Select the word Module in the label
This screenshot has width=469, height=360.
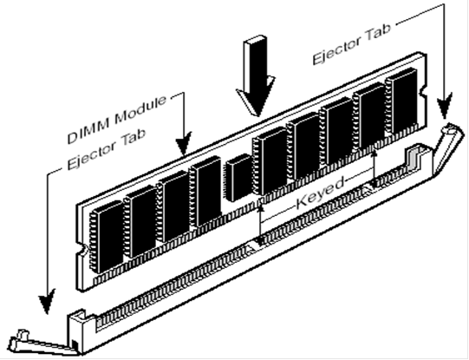(140, 110)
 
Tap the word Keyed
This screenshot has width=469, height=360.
(321, 193)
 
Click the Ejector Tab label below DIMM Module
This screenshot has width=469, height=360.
(107, 149)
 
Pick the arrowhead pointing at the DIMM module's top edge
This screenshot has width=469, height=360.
(184, 144)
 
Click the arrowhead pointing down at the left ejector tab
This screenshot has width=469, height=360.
(47, 302)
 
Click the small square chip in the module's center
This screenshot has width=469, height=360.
(239, 177)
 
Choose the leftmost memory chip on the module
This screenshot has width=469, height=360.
(107, 237)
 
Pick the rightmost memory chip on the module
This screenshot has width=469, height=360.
(401, 101)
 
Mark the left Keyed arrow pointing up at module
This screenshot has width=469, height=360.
(261, 223)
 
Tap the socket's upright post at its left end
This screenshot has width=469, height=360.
(77, 331)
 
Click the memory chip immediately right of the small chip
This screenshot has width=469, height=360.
(270, 161)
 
